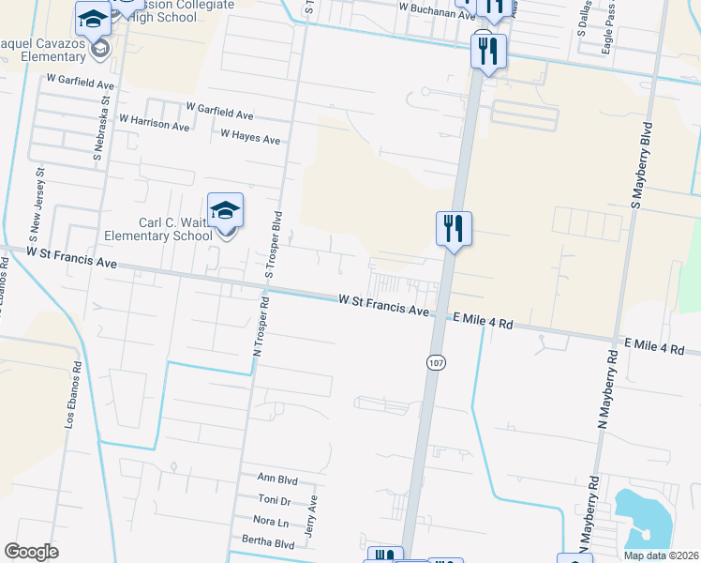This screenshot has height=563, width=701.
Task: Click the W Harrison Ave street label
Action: pos(155,121)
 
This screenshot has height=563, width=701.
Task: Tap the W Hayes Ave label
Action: pos(250,137)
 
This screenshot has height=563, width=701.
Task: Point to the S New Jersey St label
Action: pos(40,200)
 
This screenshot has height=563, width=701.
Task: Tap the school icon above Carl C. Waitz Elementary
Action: pos(226,209)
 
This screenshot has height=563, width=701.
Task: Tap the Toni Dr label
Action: pos(274,500)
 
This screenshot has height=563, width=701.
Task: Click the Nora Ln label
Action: pos(270,521)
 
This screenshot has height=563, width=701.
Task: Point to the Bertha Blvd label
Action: pos(267,543)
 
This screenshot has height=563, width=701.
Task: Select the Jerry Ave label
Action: pos(314,515)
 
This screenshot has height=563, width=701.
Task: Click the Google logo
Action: pos(31,552)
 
